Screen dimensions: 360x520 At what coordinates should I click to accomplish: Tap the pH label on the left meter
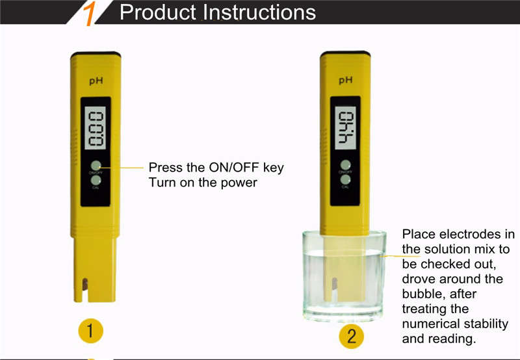coord(95,81)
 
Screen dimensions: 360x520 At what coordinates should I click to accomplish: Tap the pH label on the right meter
coord(346,81)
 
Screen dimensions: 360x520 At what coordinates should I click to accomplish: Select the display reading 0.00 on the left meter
coord(96,128)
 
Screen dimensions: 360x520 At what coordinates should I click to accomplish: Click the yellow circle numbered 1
coord(91,331)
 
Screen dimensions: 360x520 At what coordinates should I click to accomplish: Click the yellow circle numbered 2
coord(351,336)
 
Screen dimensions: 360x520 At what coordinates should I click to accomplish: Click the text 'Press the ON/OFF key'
coord(216,168)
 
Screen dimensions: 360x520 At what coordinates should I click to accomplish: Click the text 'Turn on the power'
coord(203,183)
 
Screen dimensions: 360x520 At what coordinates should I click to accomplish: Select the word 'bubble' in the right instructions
coord(423,294)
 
